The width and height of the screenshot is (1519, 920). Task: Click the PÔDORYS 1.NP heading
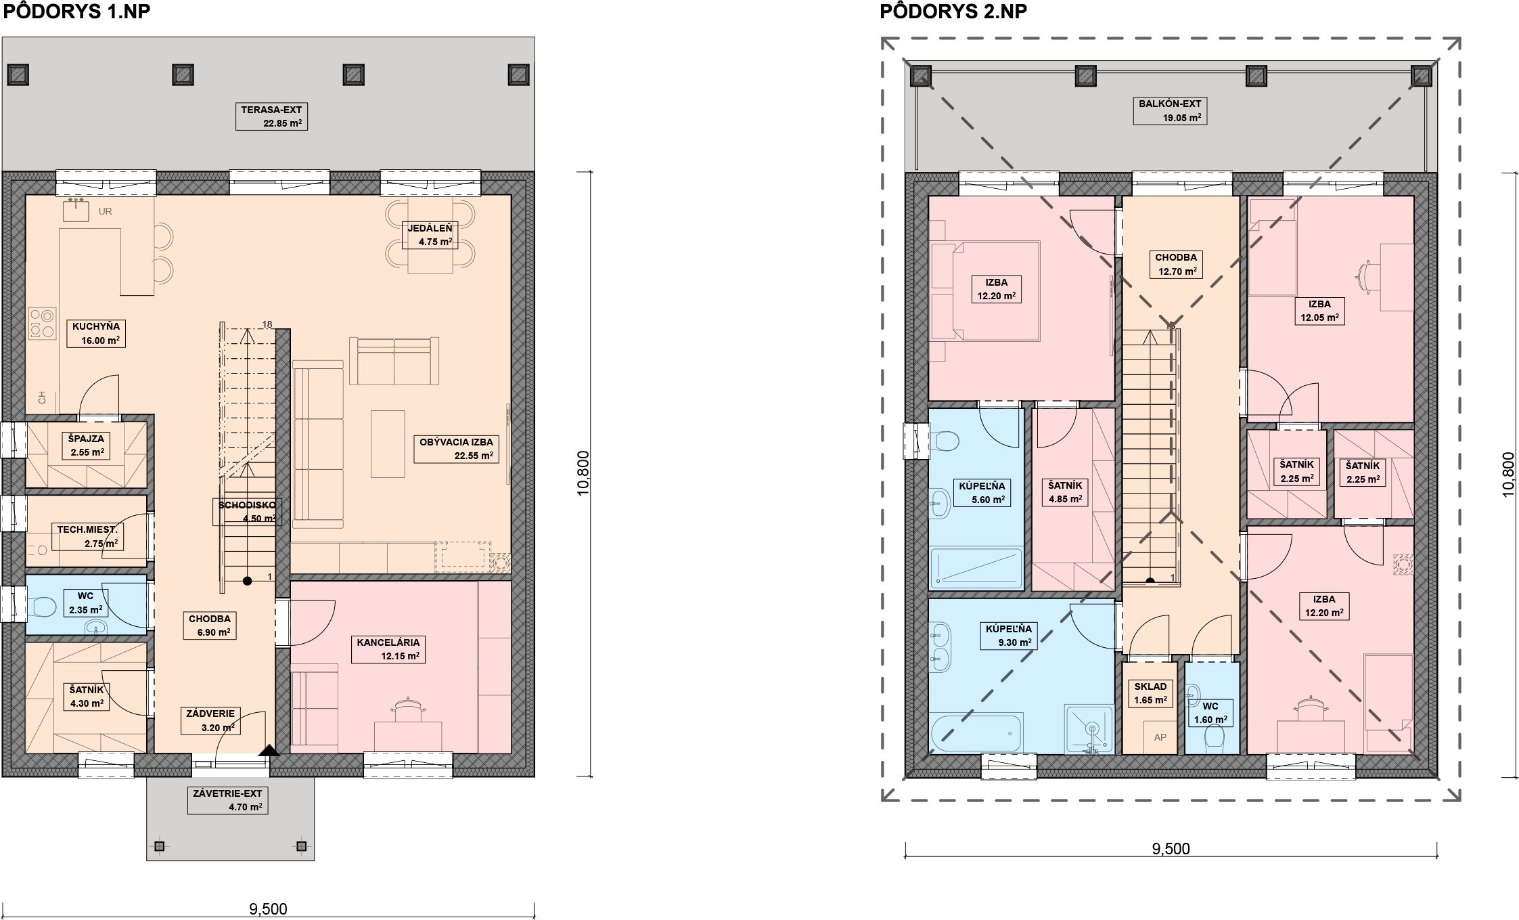[76, 12]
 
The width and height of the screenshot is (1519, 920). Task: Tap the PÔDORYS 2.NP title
[953, 12]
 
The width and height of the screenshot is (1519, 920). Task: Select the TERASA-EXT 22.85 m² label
[271, 116]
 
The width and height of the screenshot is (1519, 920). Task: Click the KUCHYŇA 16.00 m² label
[96, 333]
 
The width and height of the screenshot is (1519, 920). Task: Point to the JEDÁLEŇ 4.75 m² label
[430, 235]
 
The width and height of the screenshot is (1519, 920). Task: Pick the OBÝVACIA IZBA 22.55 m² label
[456, 449]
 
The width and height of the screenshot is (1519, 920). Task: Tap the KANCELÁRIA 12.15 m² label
[388, 649]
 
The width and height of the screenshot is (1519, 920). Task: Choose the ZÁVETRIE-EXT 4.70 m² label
[227, 799]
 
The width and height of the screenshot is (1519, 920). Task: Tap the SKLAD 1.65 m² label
[1151, 693]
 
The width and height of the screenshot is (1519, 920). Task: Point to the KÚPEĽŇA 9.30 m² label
[1009, 636]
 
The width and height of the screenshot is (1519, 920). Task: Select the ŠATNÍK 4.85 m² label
[1065, 492]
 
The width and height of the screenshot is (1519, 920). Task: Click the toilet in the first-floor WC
[42, 605]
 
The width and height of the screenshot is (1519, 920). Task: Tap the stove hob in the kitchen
[42, 324]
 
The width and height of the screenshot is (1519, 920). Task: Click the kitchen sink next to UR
[76, 210]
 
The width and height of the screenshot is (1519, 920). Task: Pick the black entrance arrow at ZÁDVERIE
[269, 749]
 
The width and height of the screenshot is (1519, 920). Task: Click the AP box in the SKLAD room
[1160, 737]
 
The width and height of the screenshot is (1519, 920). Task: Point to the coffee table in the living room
[388, 443]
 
